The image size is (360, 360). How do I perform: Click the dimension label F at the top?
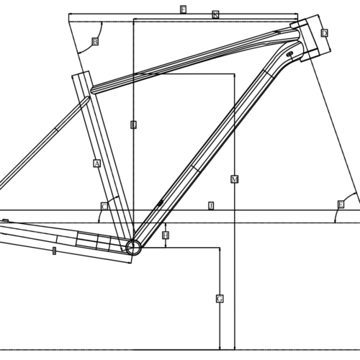click(x=183, y=9)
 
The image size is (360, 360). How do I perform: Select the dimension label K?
click(x=215, y=15)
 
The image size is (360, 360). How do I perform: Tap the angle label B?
click(x=95, y=42)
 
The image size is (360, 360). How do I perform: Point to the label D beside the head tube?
click(x=325, y=33)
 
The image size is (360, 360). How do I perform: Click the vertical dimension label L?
click(x=133, y=125)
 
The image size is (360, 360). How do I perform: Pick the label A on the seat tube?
click(x=96, y=163)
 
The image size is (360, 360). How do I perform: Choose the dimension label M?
click(x=235, y=179)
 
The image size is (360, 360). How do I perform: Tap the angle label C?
click(x=104, y=207)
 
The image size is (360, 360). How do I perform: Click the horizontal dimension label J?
click(x=210, y=206)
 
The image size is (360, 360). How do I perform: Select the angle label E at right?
click(x=341, y=204)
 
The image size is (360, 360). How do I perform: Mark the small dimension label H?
click(x=166, y=235)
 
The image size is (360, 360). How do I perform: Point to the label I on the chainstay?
click(x=55, y=250)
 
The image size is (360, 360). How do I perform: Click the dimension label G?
click(x=220, y=298)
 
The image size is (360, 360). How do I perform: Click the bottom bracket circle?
click(x=133, y=248)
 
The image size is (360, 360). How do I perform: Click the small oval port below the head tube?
click(x=289, y=54)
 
